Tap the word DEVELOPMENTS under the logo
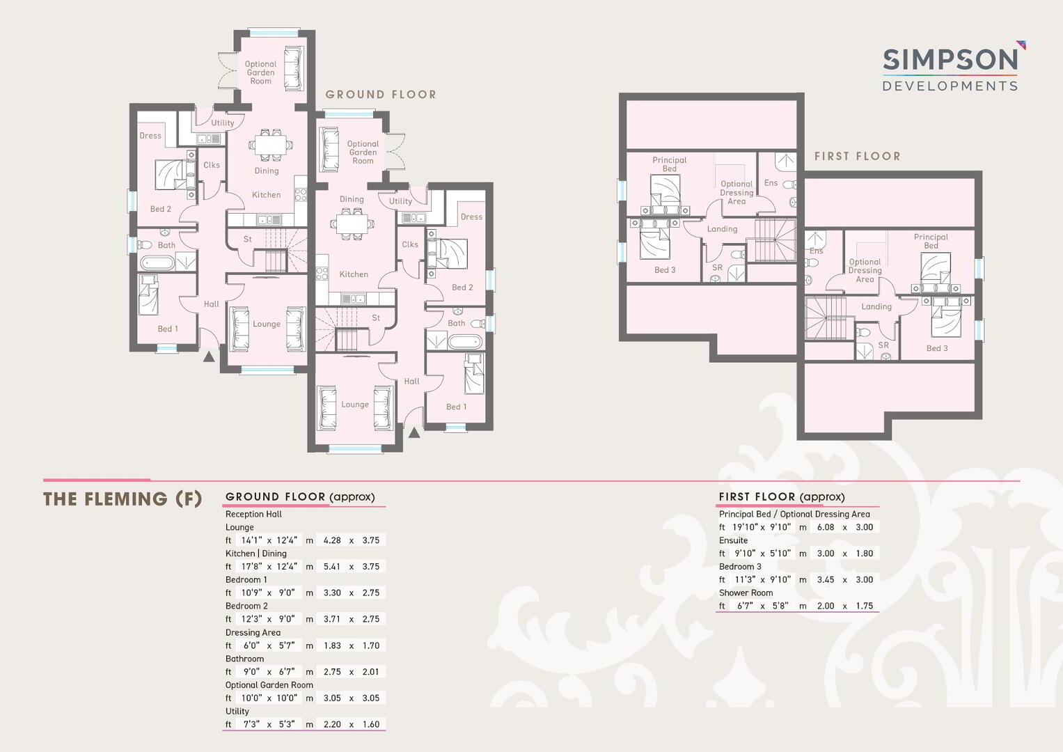tap(950, 86)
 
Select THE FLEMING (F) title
tap(123, 499)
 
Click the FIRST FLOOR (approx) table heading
tap(782, 497)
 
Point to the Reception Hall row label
tap(253, 514)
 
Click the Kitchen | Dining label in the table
tap(255, 554)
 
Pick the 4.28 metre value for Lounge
tap(332, 540)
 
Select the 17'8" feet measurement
tap(251, 566)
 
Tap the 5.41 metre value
tap(332, 566)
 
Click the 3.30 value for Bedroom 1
tap(332, 593)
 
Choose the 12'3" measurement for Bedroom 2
tap(251, 619)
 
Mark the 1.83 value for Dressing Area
tap(332, 645)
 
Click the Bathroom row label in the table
tap(244, 659)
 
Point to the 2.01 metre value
tap(370, 672)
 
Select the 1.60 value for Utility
tap(370, 724)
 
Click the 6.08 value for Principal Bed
tap(826, 527)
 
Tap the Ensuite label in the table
tap(733, 540)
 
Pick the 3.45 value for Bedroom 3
tap(826, 579)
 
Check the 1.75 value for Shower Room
tap(864, 606)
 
